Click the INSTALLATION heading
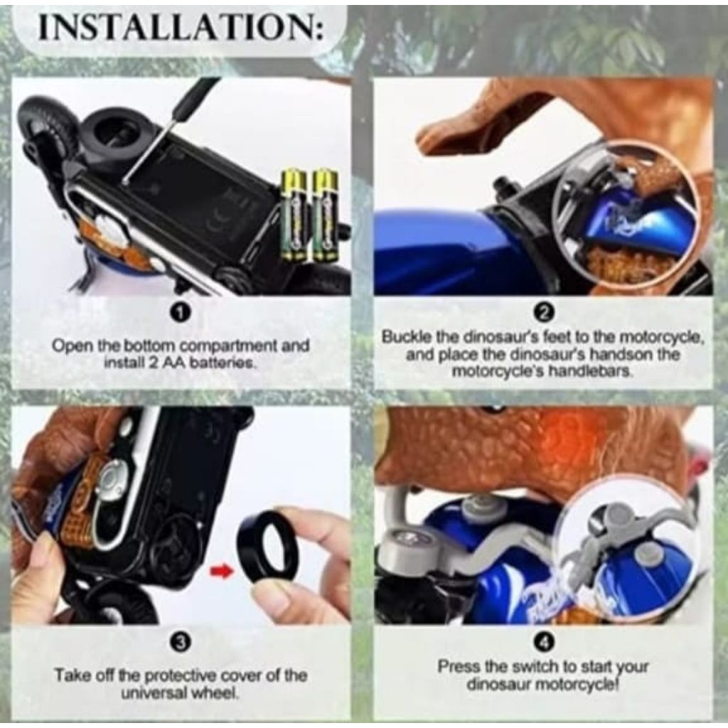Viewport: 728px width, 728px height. [181, 28]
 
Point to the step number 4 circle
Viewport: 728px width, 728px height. [544, 642]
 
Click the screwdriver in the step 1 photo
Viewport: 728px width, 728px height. [171, 132]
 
